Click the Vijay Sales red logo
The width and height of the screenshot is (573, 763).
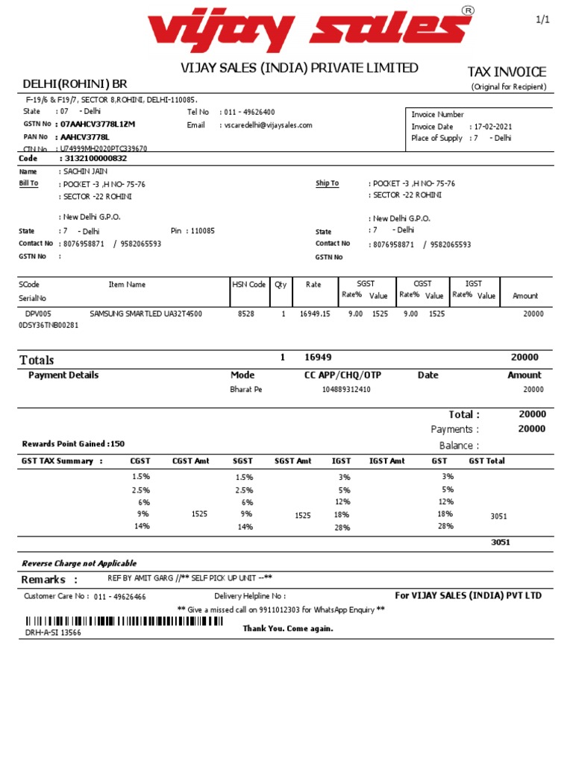click(x=310, y=29)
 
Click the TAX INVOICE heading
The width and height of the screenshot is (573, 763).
click(x=507, y=72)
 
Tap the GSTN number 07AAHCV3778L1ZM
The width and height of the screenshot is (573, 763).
click(x=98, y=124)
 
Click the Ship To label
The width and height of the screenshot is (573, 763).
click(x=327, y=183)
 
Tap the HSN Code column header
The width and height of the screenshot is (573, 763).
click(x=248, y=285)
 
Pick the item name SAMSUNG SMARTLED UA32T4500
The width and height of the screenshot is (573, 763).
click(x=145, y=314)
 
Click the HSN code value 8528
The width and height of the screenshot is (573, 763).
click(x=245, y=314)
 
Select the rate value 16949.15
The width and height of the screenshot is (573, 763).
click(x=314, y=314)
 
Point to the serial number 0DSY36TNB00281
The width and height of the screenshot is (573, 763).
click(x=48, y=325)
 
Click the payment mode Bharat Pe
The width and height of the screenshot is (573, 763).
click(x=245, y=389)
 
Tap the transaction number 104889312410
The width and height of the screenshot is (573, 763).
click(x=345, y=389)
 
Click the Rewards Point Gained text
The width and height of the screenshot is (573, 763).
click(x=73, y=444)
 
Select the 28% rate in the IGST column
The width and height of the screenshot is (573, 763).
click(x=342, y=527)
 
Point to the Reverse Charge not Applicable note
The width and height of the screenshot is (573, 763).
click(x=79, y=563)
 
